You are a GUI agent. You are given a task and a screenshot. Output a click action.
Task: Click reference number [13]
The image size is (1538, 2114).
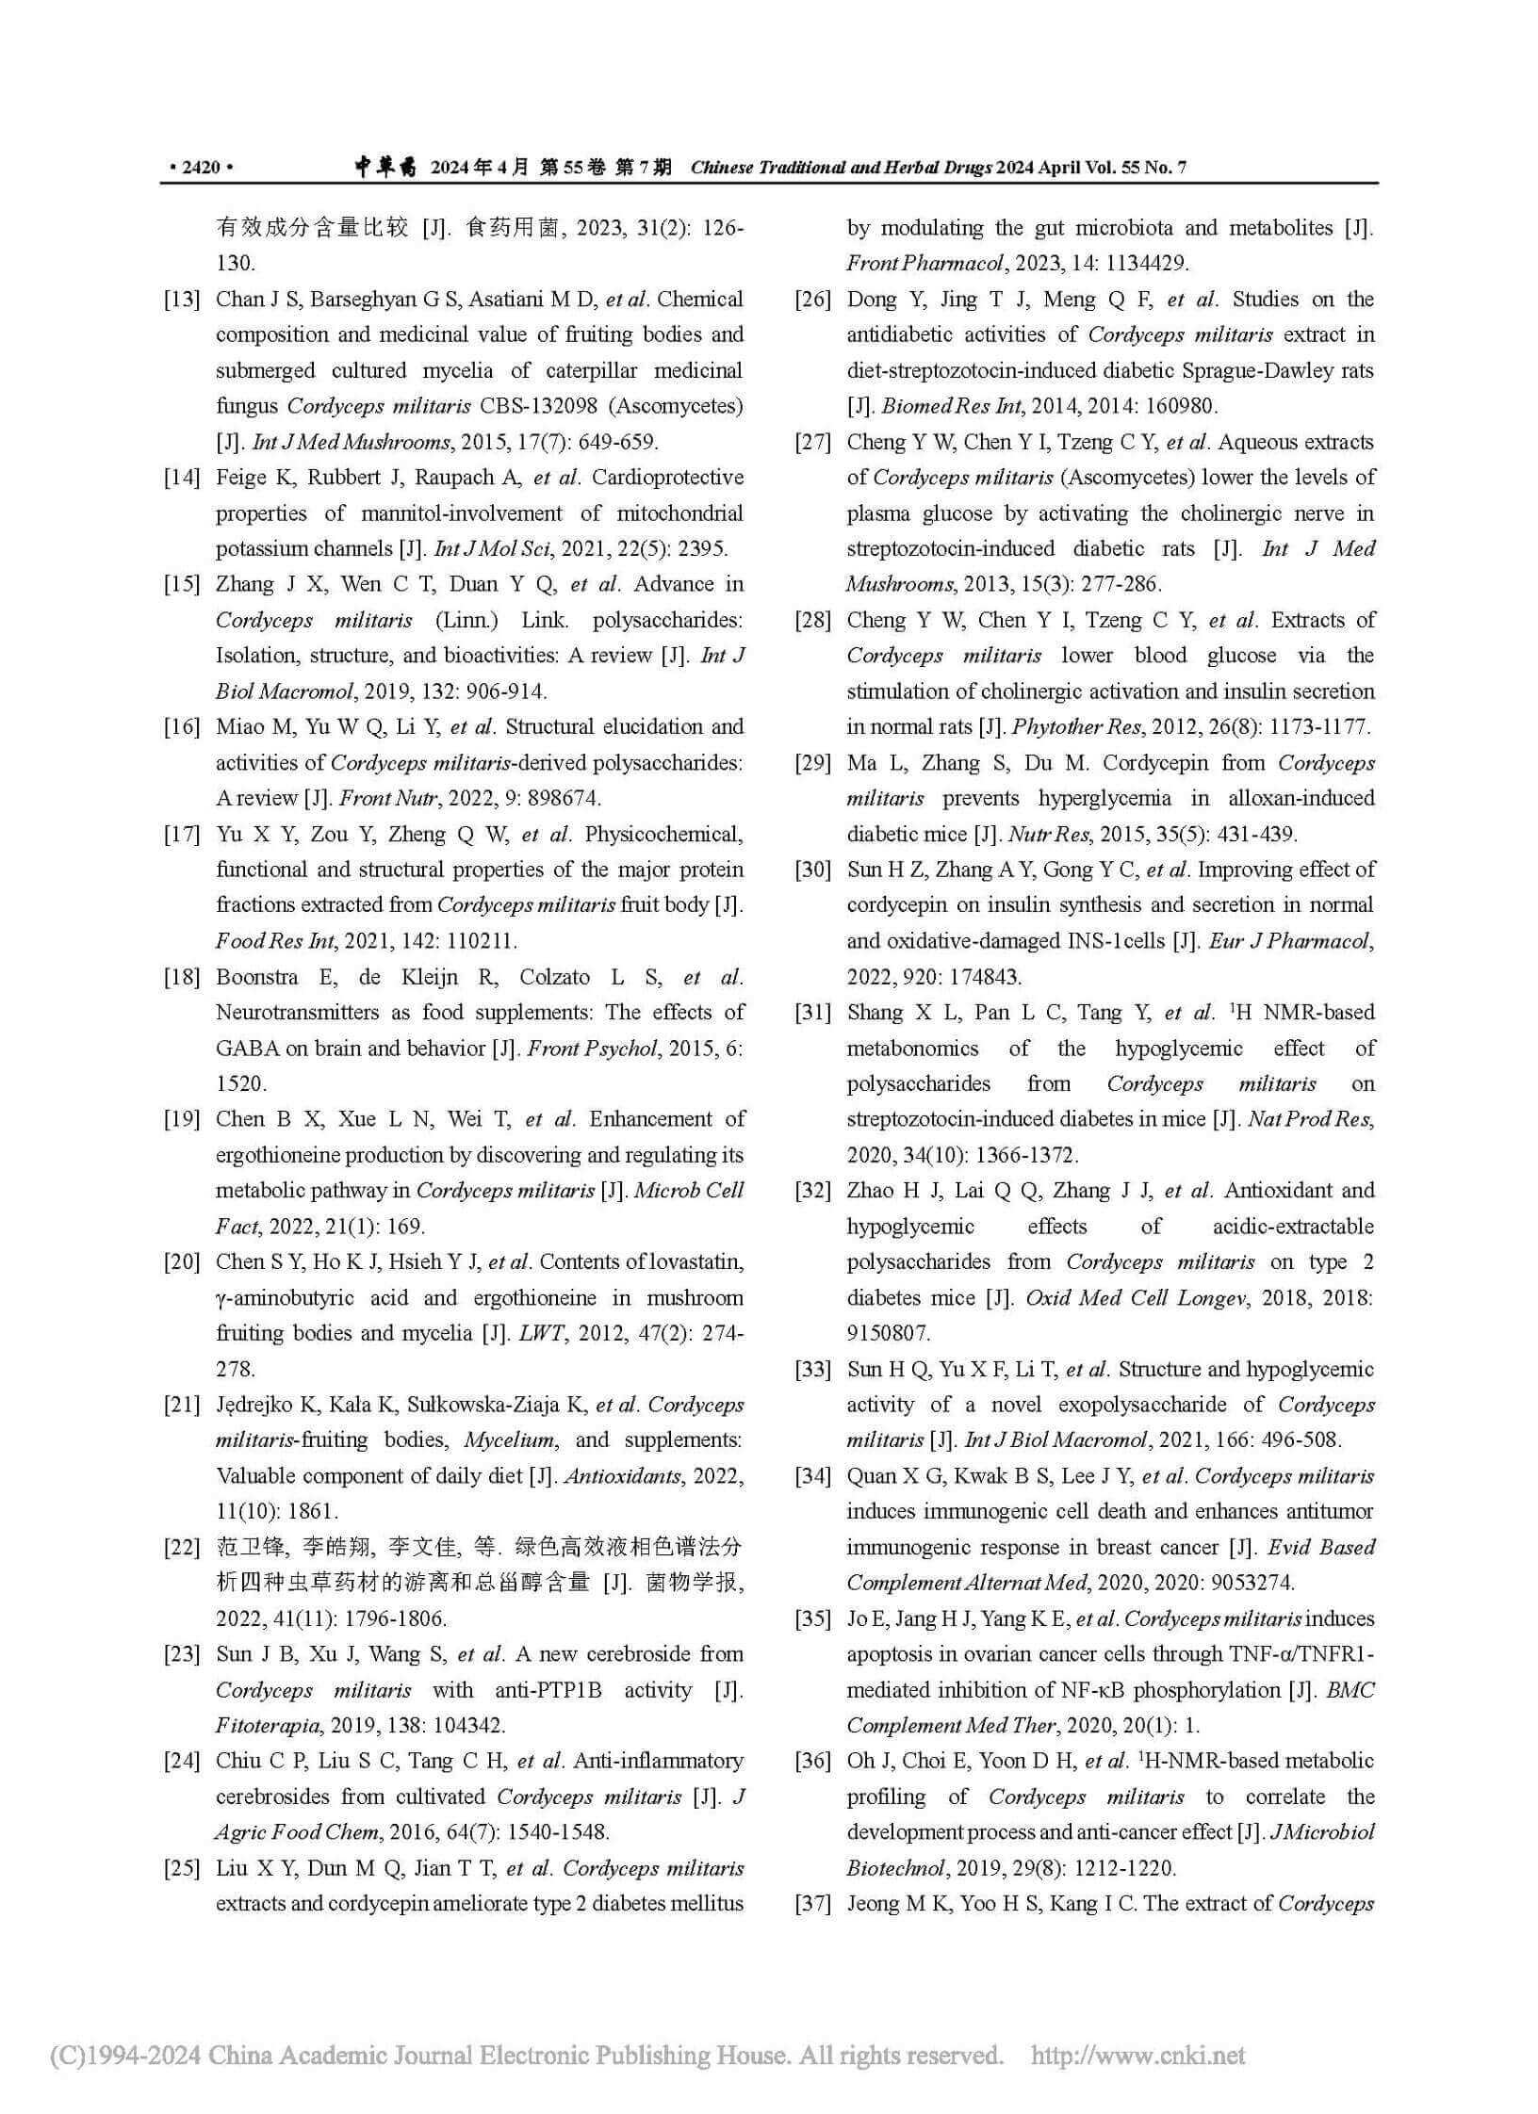(183, 300)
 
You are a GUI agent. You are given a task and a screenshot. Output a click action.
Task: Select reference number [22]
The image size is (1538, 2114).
(183, 1546)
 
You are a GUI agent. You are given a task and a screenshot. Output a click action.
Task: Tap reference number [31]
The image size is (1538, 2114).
(813, 1013)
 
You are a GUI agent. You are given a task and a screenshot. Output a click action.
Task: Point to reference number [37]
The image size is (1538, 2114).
(813, 1903)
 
